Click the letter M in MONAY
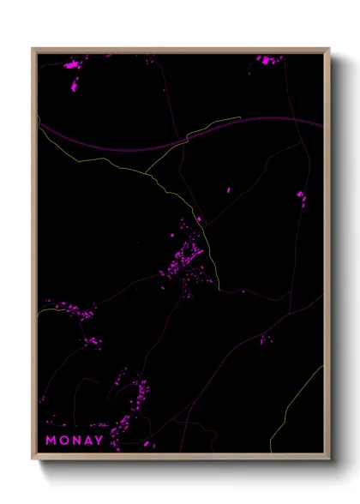click(x=51, y=441)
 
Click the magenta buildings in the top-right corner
click(x=269, y=60)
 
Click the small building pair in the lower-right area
click(x=265, y=339)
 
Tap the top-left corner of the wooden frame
click(x=33, y=49)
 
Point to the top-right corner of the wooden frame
click(x=329, y=49)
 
